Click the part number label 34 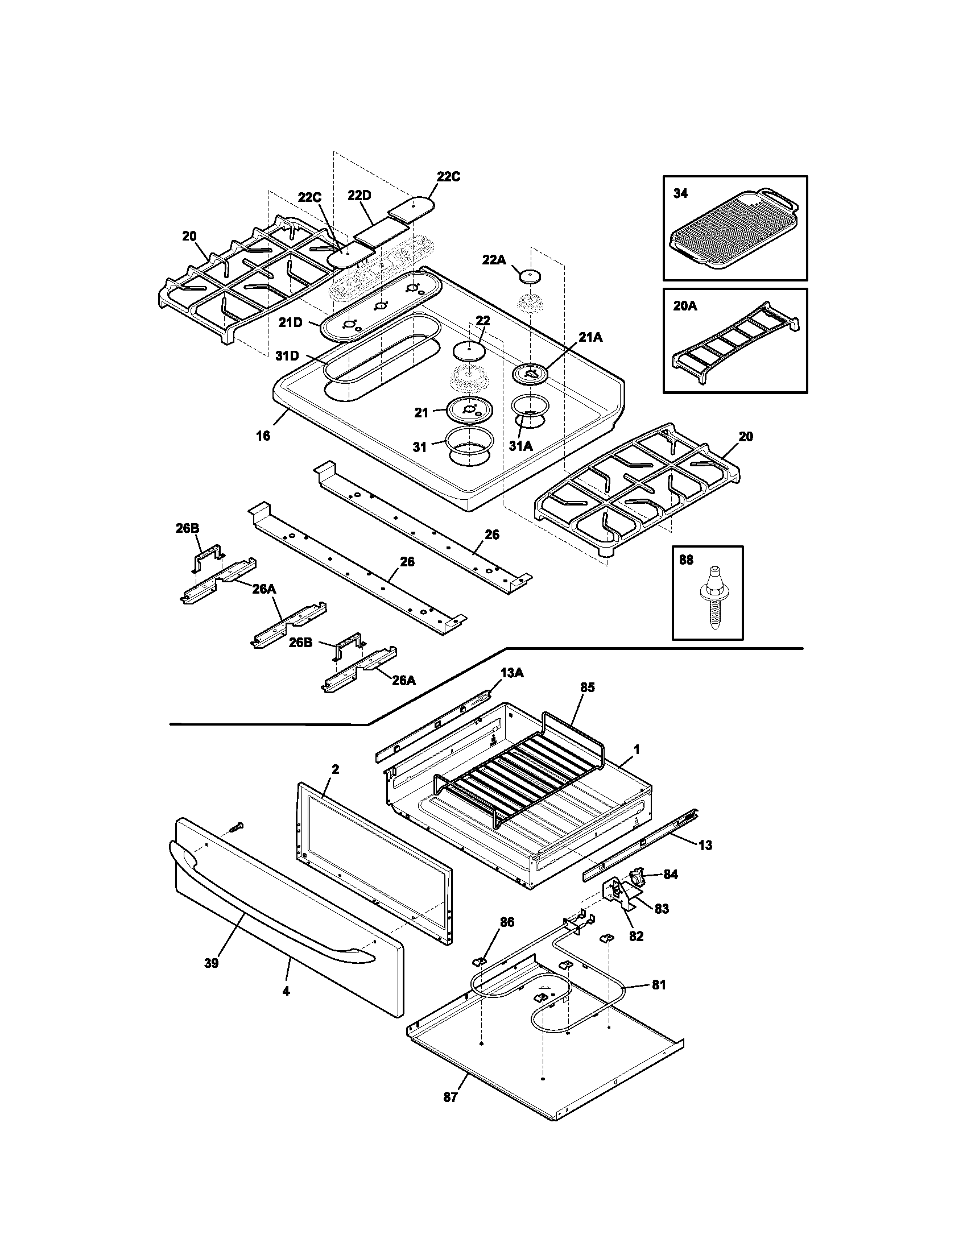(680, 193)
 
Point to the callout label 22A (494, 260)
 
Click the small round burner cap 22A (531, 276)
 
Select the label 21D (290, 322)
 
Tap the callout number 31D (287, 356)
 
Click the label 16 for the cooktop (262, 436)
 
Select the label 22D (359, 195)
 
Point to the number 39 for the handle (212, 963)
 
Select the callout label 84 (670, 875)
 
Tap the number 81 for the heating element (659, 985)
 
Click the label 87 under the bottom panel (451, 1097)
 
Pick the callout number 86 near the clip (507, 922)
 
